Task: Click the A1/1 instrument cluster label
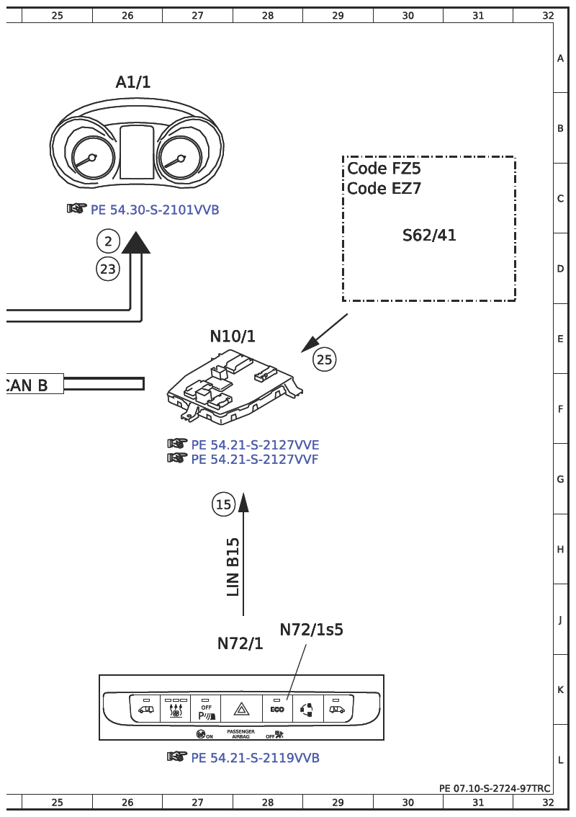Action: [133, 83]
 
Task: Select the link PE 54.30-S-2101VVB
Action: [154, 210]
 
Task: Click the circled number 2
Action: [108, 241]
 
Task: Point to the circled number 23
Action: [108, 269]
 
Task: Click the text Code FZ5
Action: [384, 169]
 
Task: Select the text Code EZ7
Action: [384, 189]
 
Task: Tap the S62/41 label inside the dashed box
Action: [429, 235]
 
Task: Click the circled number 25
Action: [325, 359]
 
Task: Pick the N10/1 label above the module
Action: [233, 336]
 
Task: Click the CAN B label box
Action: [32, 385]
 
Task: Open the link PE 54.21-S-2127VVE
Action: [254, 445]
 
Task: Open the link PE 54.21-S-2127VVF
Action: [254, 459]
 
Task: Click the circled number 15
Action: [224, 504]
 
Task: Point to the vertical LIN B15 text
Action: [233, 567]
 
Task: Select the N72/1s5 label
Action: [311, 630]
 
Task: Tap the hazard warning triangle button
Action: [241, 710]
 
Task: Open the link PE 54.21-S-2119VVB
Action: [254, 758]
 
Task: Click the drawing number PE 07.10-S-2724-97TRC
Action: [495, 788]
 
